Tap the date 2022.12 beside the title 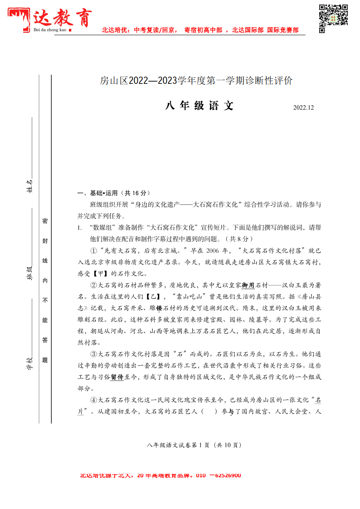pyautogui.click(x=303, y=108)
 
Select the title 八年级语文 pyautogui.click(x=199, y=106)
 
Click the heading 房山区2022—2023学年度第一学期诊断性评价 pyautogui.click(x=196, y=81)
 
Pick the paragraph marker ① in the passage pyautogui.click(x=93, y=250)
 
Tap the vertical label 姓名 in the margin pyautogui.click(x=29, y=186)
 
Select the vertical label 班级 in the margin pyautogui.click(x=29, y=273)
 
